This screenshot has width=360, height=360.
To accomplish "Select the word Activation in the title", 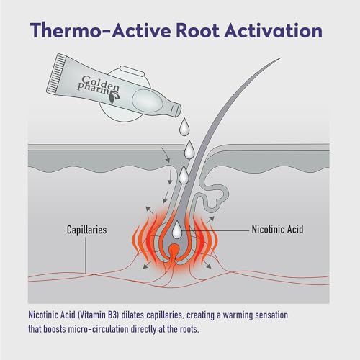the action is click(274, 31).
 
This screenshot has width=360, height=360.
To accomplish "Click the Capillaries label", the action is click(86, 230).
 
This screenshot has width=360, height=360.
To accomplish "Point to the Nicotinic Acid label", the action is click(277, 230).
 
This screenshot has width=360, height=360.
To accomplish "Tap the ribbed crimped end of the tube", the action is click(56, 73).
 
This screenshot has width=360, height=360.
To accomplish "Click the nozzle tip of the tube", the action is click(176, 109).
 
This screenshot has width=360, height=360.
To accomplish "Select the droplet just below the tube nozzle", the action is click(184, 127).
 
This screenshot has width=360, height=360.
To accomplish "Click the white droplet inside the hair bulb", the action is click(177, 230).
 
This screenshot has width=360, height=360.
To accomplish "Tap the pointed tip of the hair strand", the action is click(281, 58).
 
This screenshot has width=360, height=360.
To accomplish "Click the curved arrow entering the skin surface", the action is click(166, 155).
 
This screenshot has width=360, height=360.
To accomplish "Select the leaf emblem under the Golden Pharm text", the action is click(112, 98).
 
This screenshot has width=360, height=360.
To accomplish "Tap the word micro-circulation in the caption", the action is click(99, 329).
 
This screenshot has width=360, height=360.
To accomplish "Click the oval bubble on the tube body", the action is click(148, 100).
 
